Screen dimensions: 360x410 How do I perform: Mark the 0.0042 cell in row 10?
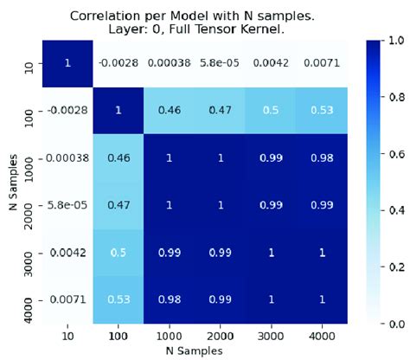tap(277, 63)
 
